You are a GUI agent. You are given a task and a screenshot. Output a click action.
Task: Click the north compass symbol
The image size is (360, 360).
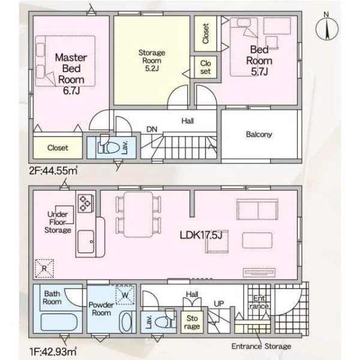coord(327,28)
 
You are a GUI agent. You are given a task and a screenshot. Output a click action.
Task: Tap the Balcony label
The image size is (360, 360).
coord(259,134)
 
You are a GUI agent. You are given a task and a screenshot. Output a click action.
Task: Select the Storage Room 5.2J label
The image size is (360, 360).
coord(152,61)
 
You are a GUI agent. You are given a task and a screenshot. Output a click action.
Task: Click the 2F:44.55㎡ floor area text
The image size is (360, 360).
coord(53,170)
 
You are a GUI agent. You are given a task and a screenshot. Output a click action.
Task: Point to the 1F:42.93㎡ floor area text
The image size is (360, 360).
coord(53,351)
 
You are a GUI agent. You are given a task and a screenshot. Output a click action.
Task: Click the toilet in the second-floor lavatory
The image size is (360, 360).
coord(109,146)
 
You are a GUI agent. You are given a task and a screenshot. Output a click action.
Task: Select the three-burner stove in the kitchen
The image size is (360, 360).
coord(85,203)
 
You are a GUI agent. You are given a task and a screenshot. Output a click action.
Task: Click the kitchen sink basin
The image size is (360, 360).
coord(86,241)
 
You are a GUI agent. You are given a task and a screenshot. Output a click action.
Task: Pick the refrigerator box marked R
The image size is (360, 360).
coord(44,268)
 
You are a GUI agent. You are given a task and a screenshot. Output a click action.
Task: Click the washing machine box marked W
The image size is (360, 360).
coord(125,295)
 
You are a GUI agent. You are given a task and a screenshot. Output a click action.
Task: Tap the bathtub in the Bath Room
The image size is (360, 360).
coord(61,322)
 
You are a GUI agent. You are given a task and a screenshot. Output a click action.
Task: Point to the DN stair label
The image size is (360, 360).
coord(152,130)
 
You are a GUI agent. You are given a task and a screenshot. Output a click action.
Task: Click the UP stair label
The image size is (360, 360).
coord(219,304)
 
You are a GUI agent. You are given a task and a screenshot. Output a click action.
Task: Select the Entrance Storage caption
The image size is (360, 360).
coord(261,346)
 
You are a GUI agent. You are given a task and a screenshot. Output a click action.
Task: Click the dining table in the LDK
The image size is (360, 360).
coord(138,214)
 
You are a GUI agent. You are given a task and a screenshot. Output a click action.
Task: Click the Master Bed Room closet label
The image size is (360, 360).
coord(58,148)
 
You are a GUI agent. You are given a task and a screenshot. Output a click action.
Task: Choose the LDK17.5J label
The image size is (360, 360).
coord(201,235)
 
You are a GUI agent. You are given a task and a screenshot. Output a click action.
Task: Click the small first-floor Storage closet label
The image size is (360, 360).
coord(192,322)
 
